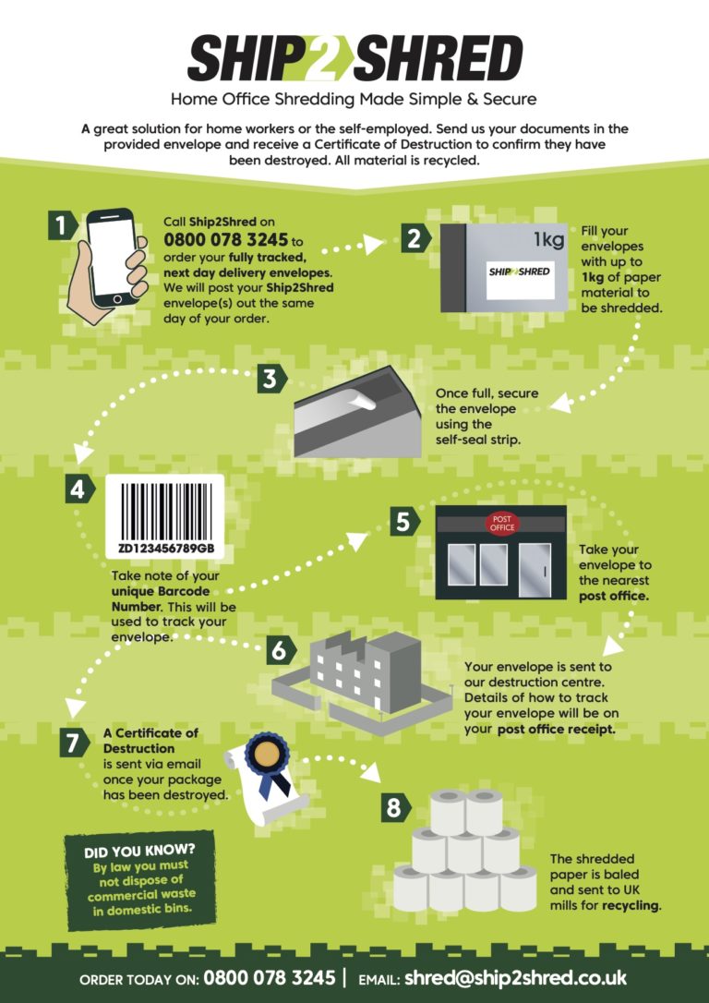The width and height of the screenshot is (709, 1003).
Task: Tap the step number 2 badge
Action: coord(415,238)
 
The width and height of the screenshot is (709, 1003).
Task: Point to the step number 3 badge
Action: coord(270,378)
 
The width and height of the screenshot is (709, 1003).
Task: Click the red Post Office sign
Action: coord(503,524)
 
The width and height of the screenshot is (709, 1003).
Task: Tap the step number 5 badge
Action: coord(402,521)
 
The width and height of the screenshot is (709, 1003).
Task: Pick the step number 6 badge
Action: coord(276,649)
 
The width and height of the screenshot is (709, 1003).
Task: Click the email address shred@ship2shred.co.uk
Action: coord(516,977)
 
